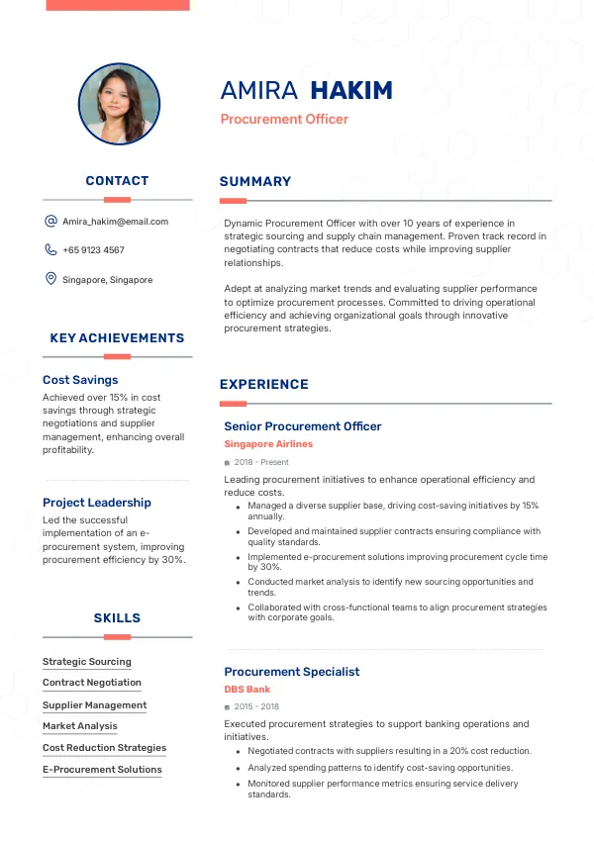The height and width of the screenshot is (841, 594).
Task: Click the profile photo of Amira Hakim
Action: pyautogui.click(x=119, y=104)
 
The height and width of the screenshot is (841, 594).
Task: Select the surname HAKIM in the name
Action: pyautogui.click(x=351, y=91)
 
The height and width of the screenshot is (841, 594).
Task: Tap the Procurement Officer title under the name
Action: pyautogui.click(x=284, y=120)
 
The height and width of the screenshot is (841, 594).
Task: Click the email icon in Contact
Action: pyautogui.click(x=50, y=222)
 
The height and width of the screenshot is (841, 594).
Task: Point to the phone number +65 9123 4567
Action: pyautogui.click(x=93, y=250)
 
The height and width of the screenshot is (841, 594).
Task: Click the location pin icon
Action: pyautogui.click(x=50, y=280)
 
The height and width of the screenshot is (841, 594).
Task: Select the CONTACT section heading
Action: pyautogui.click(x=117, y=181)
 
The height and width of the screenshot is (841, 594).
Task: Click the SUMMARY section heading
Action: pyautogui.click(x=255, y=182)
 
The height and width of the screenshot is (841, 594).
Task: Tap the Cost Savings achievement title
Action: pyautogui.click(x=80, y=380)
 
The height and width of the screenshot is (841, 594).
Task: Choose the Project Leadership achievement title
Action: pyautogui.click(x=97, y=503)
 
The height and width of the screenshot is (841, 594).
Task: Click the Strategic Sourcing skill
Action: pyautogui.click(x=87, y=662)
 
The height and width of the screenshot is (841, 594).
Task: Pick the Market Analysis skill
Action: pyautogui.click(x=80, y=726)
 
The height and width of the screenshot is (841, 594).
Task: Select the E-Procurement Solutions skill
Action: pyautogui.click(x=102, y=770)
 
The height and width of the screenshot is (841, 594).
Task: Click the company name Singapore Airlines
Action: pyautogui.click(x=268, y=444)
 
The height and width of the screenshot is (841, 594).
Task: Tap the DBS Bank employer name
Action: pyautogui.click(x=247, y=690)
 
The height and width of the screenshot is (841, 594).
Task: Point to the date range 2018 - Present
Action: pyautogui.click(x=261, y=462)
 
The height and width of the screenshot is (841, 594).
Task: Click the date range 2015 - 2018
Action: pyautogui.click(x=256, y=707)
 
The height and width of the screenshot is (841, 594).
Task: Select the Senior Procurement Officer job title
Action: pyautogui.click(x=303, y=426)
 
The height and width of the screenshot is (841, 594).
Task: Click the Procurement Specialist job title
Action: pyautogui.click(x=292, y=672)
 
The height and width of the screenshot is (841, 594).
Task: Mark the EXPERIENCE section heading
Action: pyautogui.click(x=264, y=385)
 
